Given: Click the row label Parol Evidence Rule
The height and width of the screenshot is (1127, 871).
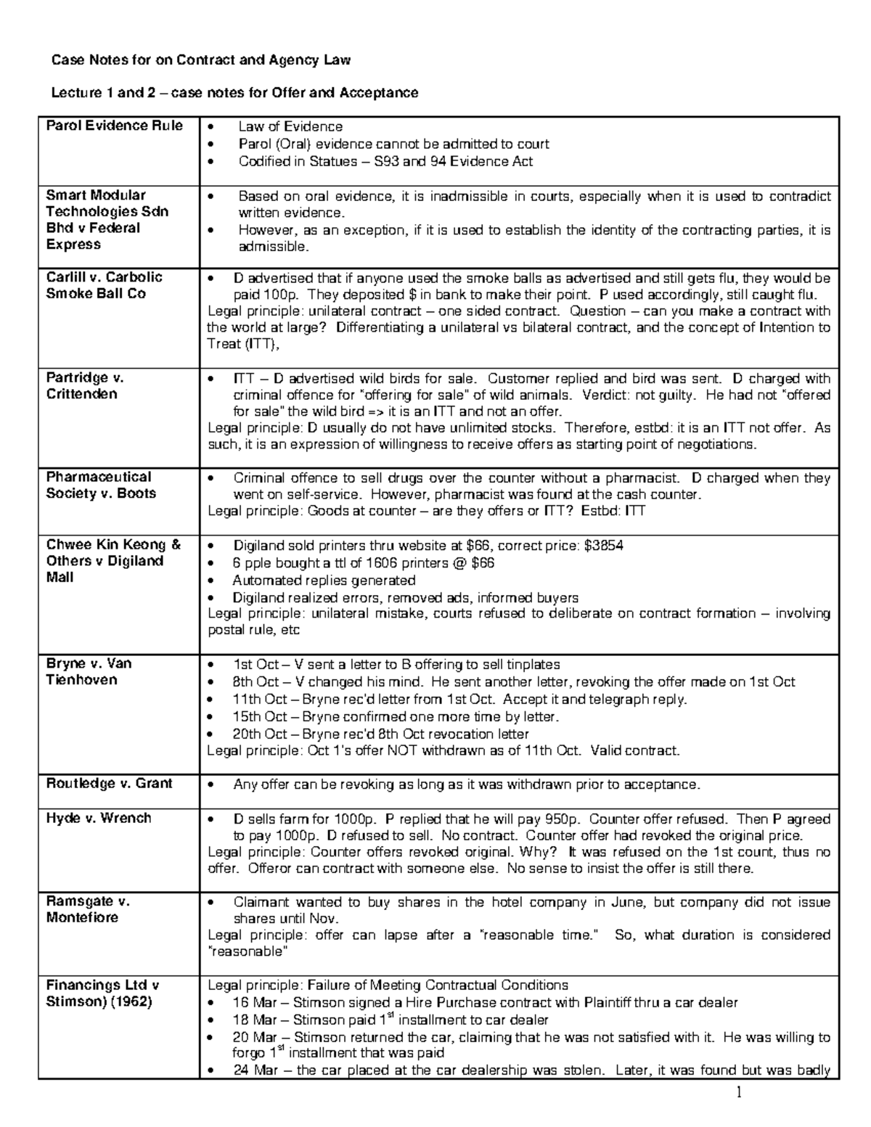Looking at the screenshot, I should coord(114,126).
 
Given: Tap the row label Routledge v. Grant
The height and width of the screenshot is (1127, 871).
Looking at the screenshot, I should coord(109,783).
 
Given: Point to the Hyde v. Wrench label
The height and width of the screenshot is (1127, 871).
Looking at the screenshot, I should coord(99,818).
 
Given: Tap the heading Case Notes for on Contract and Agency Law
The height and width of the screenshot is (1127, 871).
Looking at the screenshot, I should coord(200,60).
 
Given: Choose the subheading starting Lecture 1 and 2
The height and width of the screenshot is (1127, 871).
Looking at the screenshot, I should coord(234,93).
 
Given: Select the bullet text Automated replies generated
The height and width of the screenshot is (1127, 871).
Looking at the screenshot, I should coord(324,581).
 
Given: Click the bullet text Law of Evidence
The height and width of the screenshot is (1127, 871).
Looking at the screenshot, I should coord(290,126).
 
